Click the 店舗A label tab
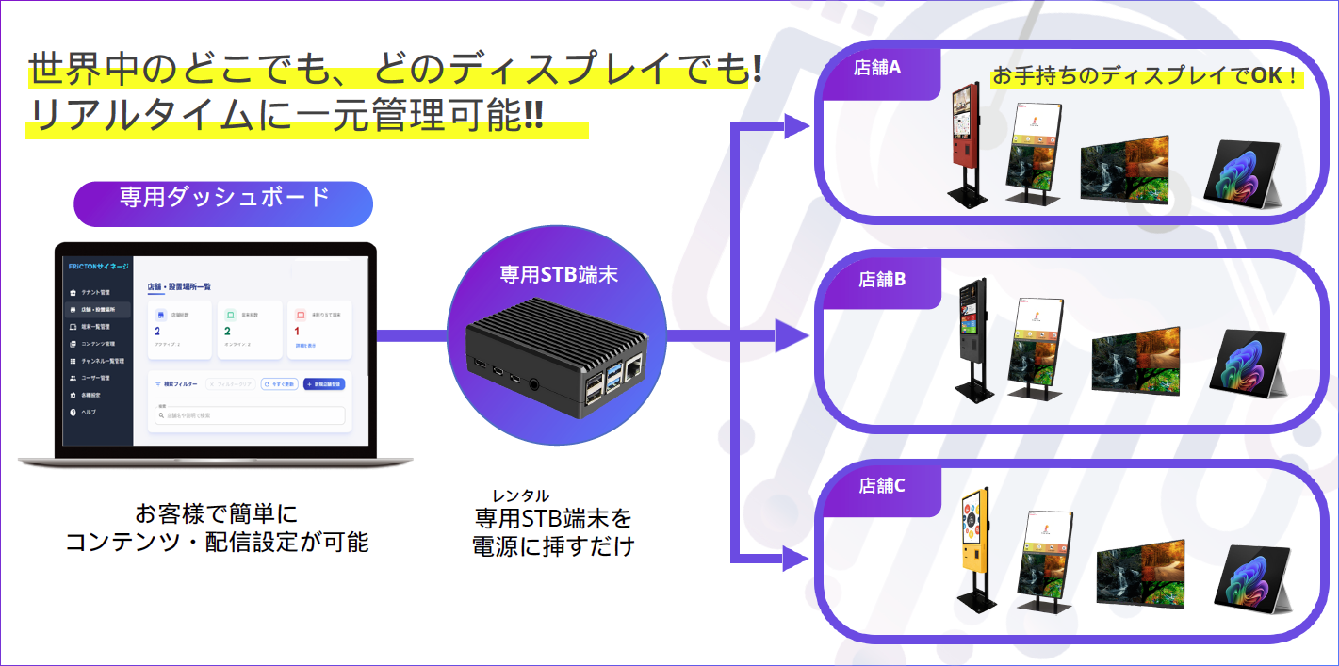click(877, 69)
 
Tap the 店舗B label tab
click(881, 280)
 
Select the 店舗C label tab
click(881, 486)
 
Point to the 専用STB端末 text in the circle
click(558, 275)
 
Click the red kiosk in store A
click(966, 141)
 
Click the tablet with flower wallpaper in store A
click(1244, 170)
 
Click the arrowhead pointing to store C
click(796, 560)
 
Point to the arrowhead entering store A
click(796, 126)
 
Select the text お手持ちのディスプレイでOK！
click(1144, 75)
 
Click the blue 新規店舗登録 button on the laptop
click(324, 384)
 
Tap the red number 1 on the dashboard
click(297, 332)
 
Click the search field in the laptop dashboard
click(250, 415)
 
